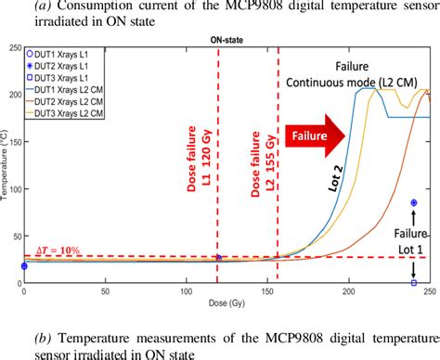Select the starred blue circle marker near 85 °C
413,202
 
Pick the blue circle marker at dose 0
23,266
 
